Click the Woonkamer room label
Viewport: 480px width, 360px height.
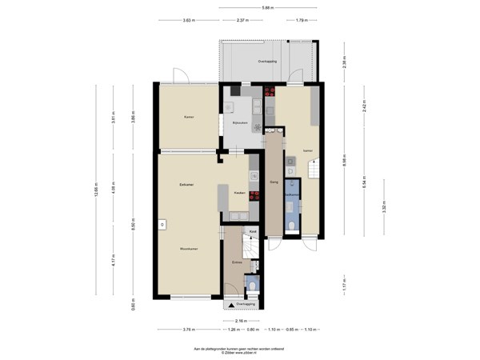[189, 249]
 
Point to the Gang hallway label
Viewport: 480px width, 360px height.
[274, 183]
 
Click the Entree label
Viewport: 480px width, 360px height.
[237, 262]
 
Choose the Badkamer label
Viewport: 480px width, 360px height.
[294, 194]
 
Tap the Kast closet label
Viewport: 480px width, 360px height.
[253, 231]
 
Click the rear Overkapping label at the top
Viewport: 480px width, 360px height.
[266, 62]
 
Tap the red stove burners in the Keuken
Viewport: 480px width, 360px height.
[254, 194]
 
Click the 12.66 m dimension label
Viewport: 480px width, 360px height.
[97, 190]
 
